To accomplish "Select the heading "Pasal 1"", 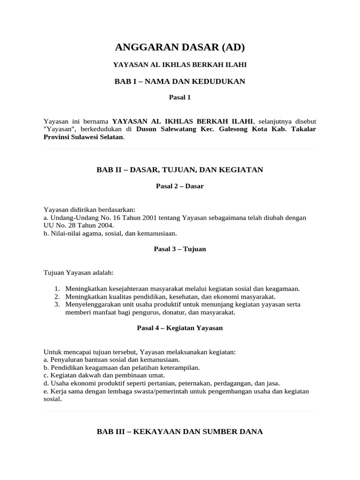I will pos(180,97).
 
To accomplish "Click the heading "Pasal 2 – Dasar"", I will pos(180,186).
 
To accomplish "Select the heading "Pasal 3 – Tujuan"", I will pos(180,249).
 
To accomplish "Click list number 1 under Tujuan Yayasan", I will pos(57,289).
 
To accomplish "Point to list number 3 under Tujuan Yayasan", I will pos(57,305).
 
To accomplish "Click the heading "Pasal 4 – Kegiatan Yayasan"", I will pos(180,328).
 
